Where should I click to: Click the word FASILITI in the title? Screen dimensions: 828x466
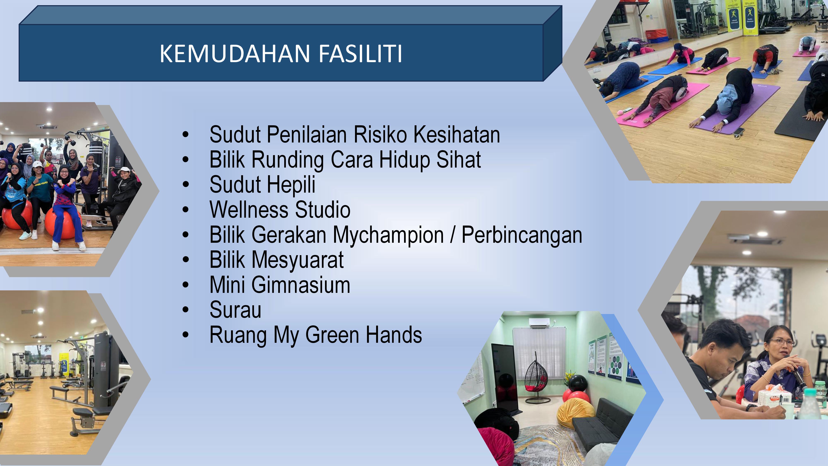pyautogui.click(x=360, y=53)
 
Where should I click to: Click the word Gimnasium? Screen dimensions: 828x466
pyautogui.click(x=301, y=285)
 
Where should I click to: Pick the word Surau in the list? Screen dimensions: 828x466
pyautogui.click(x=235, y=310)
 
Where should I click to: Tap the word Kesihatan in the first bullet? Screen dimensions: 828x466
pyautogui.click(x=456, y=134)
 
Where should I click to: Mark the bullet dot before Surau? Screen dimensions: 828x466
pyautogui.click(x=185, y=310)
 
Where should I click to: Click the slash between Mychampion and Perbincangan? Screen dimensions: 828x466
pyautogui.click(x=453, y=235)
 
